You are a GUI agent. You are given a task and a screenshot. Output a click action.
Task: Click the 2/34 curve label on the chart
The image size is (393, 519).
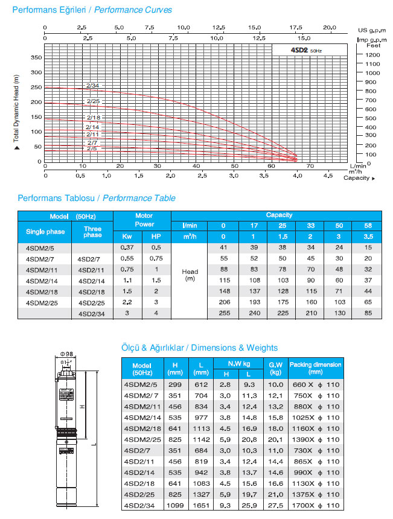93,85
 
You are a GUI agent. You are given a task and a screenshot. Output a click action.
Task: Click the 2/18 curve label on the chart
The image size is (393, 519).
93,117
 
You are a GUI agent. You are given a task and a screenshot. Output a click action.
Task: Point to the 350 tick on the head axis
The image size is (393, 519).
36,57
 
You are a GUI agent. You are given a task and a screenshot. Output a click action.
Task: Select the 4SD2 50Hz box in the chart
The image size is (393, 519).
308,51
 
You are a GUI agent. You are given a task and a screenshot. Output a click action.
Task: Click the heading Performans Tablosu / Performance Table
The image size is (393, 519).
97,198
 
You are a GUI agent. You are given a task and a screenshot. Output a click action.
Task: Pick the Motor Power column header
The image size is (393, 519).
144,220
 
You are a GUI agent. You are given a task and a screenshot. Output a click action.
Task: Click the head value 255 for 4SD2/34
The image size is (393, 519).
223,313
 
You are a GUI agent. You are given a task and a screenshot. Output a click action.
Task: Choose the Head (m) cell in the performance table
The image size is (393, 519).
190,275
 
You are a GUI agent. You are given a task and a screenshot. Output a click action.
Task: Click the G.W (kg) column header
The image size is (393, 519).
275,368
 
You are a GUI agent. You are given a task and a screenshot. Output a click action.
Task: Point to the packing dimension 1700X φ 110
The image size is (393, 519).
316,504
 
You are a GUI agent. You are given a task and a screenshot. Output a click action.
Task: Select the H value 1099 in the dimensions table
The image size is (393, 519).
174,504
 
